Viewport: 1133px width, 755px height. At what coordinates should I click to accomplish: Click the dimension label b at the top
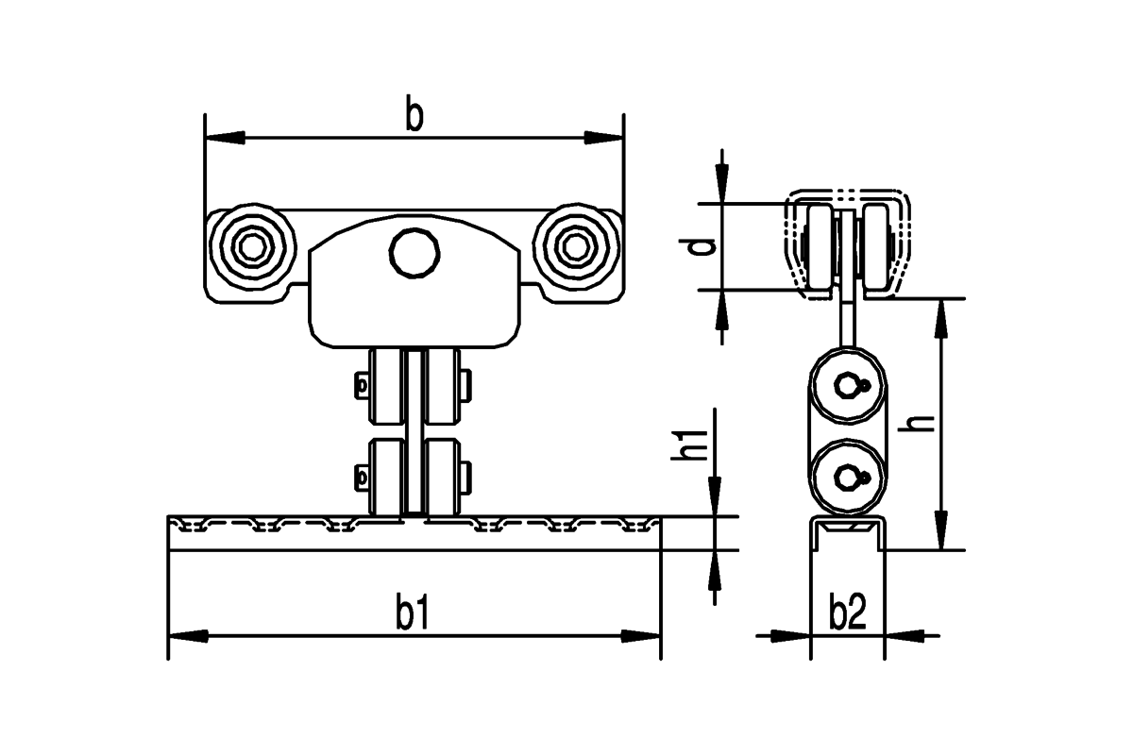[x=414, y=112]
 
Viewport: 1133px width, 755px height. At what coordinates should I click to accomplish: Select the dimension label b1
[x=413, y=612]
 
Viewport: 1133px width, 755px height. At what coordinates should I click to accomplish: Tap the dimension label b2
[x=848, y=612]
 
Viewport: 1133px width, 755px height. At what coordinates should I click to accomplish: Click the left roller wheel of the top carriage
[x=252, y=247]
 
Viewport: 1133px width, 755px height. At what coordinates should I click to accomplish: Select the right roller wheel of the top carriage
[x=577, y=247]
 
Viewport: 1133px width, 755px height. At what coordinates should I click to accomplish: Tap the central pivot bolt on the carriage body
[x=414, y=253]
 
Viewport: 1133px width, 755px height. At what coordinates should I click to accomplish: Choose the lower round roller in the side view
[x=848, y=477]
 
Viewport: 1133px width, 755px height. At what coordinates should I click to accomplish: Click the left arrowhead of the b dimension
[x=225, y=137]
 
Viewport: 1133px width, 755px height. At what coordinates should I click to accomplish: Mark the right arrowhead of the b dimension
[x=604, y=137]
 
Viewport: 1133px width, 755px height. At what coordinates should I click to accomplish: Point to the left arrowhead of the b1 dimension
[x=188, y=636]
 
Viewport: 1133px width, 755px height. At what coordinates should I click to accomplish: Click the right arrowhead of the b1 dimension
[x=641, y=636]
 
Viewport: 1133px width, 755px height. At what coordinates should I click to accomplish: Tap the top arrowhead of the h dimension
[x=940, y=318]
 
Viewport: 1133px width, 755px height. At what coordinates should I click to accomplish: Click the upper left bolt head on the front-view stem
[x=361, y=386]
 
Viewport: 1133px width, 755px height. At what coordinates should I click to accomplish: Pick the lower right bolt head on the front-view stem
[x=465, y=477]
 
